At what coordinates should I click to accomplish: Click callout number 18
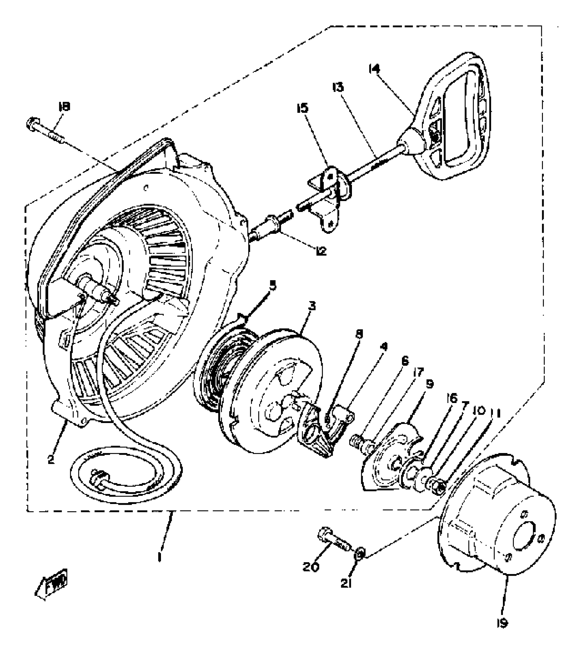[64, 107]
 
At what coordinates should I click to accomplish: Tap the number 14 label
[374, 69]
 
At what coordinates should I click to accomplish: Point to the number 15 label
[302, 108]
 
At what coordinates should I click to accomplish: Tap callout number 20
[311, 567]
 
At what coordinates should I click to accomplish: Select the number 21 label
[346, 583]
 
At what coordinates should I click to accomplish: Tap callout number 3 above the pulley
[312, 306]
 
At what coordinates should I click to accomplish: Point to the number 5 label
[273, 286]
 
